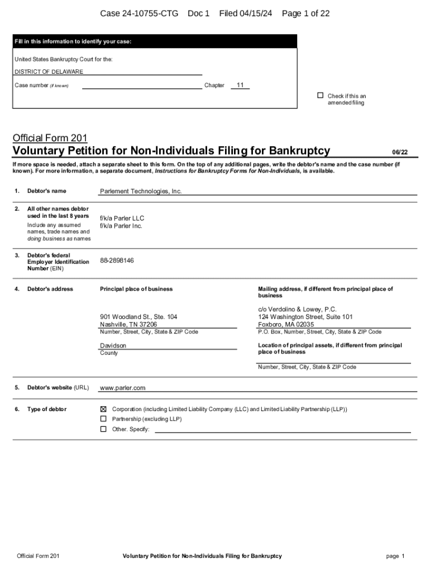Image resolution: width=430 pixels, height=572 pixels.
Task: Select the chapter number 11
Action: (x=240, y=85)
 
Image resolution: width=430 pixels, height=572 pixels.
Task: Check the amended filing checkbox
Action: (x=321, y=96)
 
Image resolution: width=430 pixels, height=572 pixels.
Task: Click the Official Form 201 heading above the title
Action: (x=50, y=138)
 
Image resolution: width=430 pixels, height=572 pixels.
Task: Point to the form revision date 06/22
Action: (x=400, y=152)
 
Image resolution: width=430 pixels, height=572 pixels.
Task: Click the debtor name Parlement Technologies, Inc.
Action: (x=141, y=191)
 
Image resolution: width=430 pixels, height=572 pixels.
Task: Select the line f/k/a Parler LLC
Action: (x=122, y=218)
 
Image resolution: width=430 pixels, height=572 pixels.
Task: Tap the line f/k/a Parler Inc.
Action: (x=121, y=226)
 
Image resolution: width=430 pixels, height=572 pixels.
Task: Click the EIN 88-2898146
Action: (x=117, y=260)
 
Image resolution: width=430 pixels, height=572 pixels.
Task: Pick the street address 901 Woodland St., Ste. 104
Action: (x=138, y=317)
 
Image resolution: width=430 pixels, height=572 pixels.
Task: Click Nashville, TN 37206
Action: (x=128, y=325)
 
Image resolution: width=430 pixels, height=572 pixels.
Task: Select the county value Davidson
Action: (x=113, y=346)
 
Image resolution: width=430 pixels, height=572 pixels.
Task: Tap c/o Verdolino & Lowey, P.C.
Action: (x=297, y=309)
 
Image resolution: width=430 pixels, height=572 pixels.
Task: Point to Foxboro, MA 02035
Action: (x=286, y=325)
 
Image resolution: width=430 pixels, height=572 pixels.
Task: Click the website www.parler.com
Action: (x=122, y=388)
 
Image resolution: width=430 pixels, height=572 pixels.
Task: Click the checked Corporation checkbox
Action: (x=103, y=409)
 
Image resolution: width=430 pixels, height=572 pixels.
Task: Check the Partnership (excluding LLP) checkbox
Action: (x=103, y=419)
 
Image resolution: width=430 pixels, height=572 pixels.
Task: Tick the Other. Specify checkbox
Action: (x=103, y=429)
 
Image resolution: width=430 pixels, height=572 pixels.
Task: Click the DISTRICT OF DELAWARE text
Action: (x=49, y=71)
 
